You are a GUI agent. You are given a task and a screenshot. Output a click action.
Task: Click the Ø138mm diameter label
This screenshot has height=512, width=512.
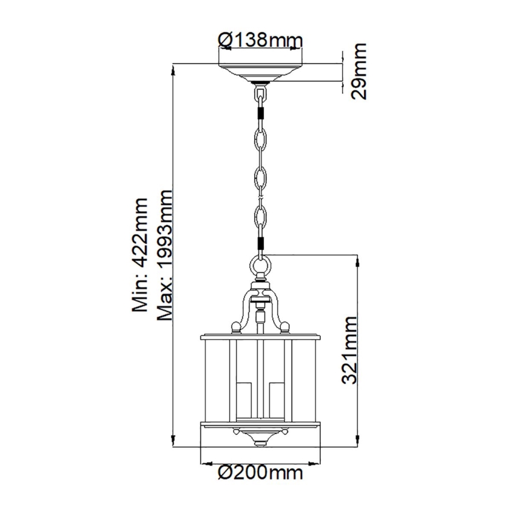(260, 40)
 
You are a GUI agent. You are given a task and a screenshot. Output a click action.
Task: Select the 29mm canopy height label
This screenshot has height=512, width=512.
(356, 71)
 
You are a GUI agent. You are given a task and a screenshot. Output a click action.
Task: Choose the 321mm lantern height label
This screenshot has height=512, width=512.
(349, 350)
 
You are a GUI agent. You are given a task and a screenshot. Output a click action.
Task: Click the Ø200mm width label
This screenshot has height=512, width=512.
(260, 472)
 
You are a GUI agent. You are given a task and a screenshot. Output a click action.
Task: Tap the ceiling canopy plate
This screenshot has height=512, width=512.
(260, 72)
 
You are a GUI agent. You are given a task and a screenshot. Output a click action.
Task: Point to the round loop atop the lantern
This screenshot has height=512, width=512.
(260, 267)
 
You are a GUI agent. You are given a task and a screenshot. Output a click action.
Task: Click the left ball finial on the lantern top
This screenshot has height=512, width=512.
(235, 326)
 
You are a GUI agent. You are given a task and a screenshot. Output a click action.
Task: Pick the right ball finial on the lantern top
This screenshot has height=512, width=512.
(285, 326)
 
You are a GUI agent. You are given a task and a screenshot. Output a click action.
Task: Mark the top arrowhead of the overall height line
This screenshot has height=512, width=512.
(173, 68)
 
